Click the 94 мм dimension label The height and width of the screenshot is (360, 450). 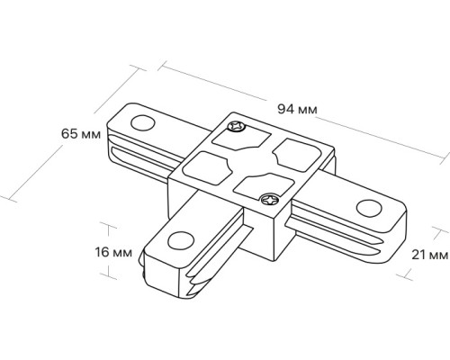click(297, 109)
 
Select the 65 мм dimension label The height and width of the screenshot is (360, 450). click(81, 134)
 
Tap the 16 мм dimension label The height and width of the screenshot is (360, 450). click(113, 252)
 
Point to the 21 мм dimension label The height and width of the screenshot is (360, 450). click(429, 255)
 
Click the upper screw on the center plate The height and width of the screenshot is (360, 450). click(237, 126)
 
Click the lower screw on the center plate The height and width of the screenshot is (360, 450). click(270, 199)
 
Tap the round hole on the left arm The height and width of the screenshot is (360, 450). click(143, 123)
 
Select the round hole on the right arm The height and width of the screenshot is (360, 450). click(369, 208)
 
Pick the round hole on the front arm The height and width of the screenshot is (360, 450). click(181, 240)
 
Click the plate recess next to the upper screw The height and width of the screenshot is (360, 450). click(241, 139)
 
